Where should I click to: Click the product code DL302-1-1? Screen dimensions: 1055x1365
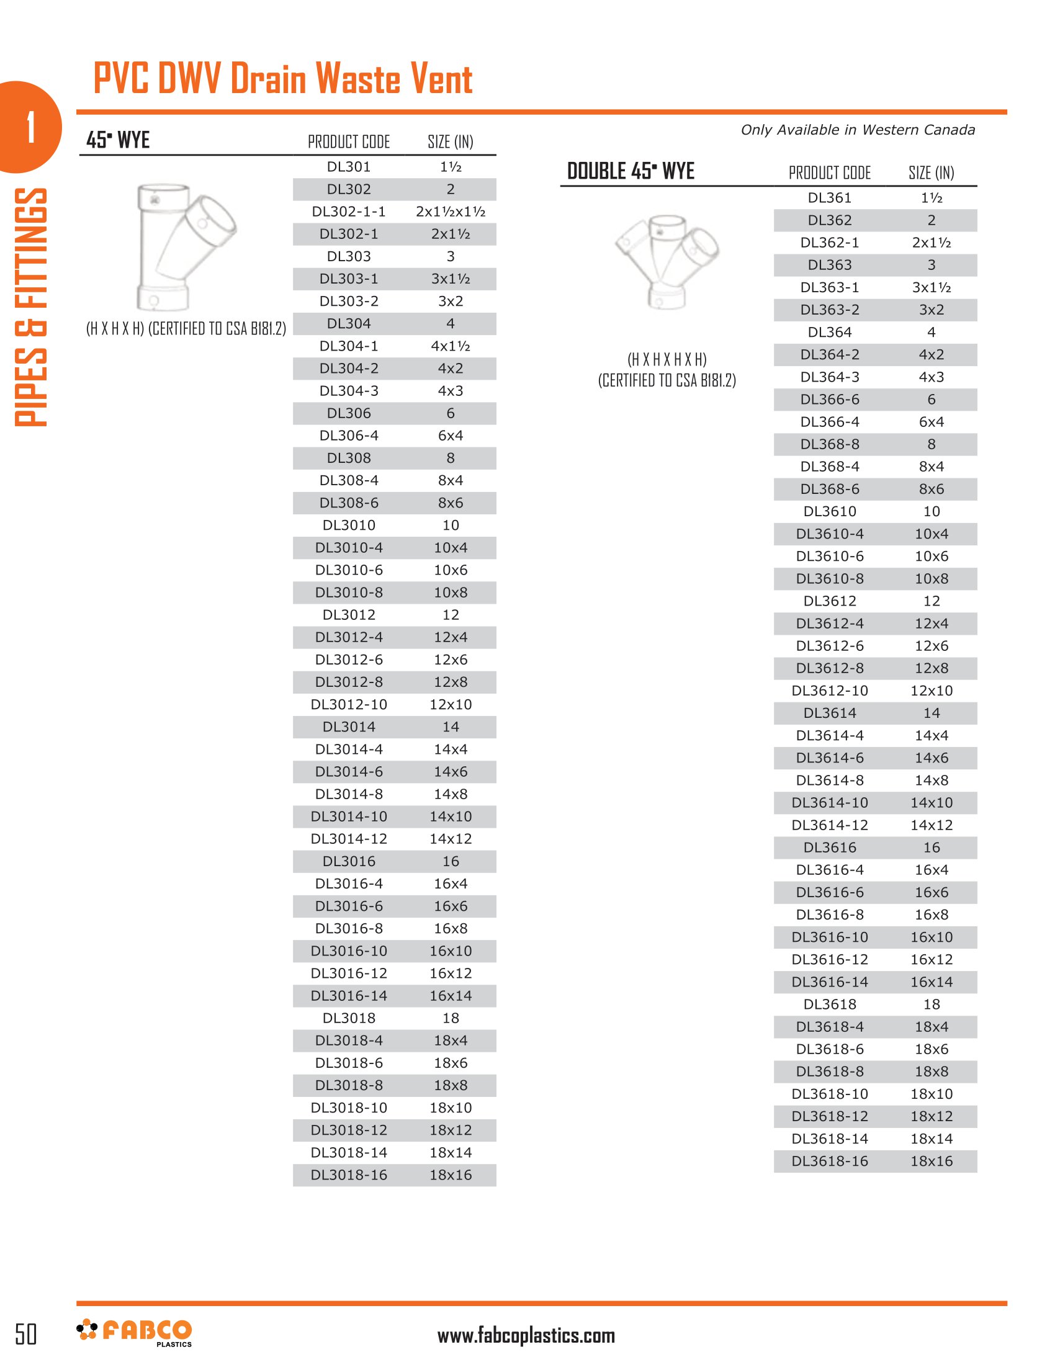point(349,212)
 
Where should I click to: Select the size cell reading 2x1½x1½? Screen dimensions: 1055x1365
point(450,212)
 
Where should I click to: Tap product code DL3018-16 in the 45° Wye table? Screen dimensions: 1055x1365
point(349,1175)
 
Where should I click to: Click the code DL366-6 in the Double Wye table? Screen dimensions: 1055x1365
point(829,400)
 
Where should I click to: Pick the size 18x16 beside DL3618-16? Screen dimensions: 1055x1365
point(932,1161)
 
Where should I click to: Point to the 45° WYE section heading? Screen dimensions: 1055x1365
point(118,140)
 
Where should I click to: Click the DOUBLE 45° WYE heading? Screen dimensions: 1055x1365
point(630,171)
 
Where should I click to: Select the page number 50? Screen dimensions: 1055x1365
point(25,1334)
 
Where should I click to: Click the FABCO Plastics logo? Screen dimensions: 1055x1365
point(134,1332)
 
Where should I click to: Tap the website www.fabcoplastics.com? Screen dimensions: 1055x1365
point(526,1336)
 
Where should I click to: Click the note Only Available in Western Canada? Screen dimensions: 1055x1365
point(858,130)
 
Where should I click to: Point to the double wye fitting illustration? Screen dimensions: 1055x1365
point(667,261)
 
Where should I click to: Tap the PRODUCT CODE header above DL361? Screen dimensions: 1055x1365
point(829,173)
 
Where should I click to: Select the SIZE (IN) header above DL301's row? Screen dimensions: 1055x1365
point(450,143)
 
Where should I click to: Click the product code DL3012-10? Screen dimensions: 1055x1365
point(349,704)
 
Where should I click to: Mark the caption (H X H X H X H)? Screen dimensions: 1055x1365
point(667,359)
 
